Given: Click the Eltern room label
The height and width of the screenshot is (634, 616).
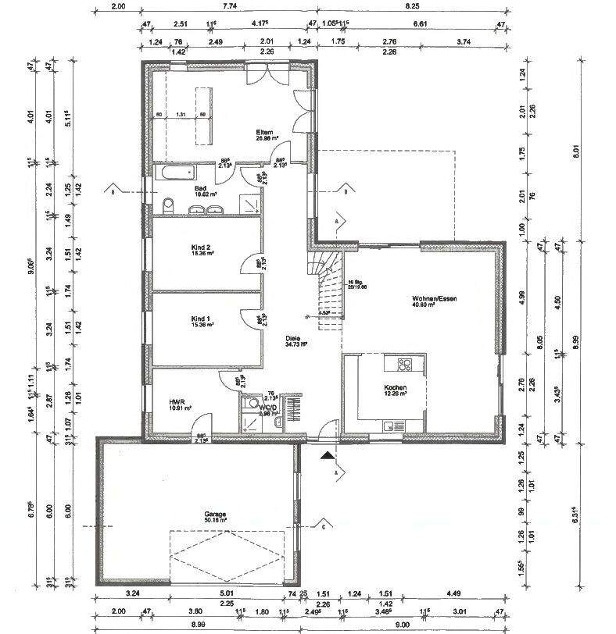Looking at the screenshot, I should click(x=264, y=133).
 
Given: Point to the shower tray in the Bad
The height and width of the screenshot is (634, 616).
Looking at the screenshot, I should click(x=249, y=202).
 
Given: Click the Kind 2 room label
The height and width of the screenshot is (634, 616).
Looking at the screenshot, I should click(x=202, y=248).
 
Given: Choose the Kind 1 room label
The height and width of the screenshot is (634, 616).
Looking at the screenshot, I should click(x=201, y=319).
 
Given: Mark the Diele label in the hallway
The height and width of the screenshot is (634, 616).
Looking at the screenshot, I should click(x=295, y=339).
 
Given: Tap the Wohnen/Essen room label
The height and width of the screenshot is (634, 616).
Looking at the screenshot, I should click(x=435, y=299).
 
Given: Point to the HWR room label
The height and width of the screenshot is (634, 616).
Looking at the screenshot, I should click(x=177, y=404).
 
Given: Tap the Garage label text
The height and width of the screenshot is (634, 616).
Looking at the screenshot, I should click(x=215, y=514).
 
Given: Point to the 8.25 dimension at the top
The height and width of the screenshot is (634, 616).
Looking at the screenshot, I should click(x=413, y=6).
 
